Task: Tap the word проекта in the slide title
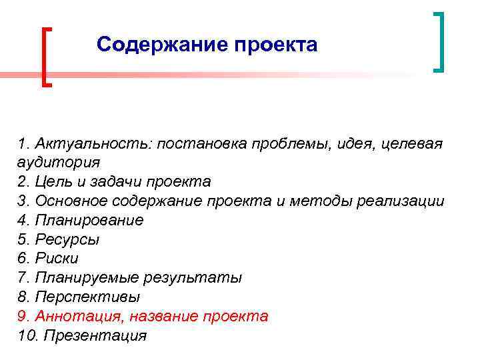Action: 276,45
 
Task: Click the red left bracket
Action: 46,57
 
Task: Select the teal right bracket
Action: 438,41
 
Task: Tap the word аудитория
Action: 59,162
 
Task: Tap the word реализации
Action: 401,201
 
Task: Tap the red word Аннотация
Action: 75,316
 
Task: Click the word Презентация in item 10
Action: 95,335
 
